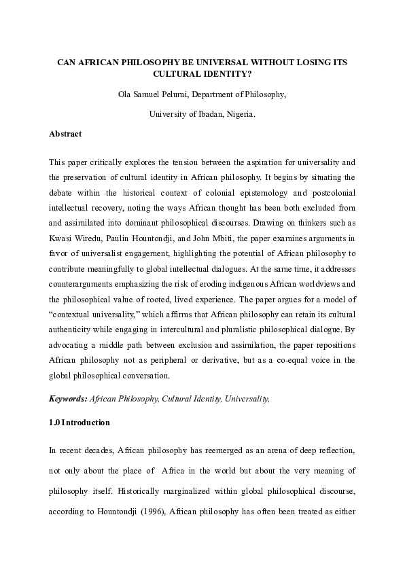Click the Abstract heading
[65, 134]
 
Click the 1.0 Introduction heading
[79, 423]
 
